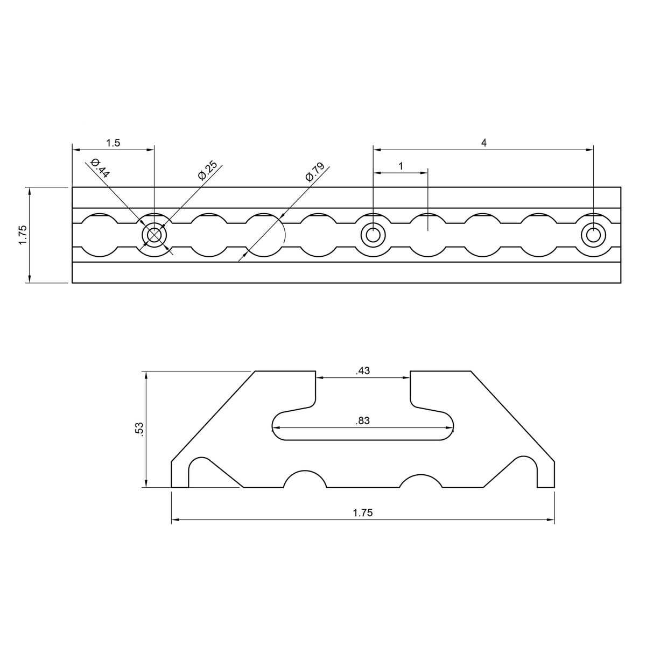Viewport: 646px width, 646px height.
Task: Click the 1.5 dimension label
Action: point(113,143)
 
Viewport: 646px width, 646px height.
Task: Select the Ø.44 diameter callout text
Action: point(101,168)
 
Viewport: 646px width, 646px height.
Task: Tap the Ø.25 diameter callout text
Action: point(207,170)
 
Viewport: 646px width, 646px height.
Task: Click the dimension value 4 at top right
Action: point(483,143)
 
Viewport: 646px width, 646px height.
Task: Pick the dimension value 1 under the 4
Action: point(401,166)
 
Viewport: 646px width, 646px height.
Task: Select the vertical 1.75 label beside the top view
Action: point(23,235)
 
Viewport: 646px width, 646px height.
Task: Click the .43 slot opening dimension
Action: point(363,371)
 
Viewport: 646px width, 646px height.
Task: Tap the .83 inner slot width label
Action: point(363,421)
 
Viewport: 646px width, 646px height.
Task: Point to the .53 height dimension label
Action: point(139,429)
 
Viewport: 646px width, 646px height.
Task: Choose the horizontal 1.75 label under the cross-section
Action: point(363,513)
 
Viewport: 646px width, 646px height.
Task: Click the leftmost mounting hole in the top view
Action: point(155,235)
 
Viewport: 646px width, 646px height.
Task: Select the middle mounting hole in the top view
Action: point(373,235)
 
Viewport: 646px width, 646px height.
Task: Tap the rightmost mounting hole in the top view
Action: point(593,235)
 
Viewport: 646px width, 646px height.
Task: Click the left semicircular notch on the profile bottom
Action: point(305,481)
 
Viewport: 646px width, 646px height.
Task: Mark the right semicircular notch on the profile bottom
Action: point(420,481)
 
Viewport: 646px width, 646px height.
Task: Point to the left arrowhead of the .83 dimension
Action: point(276,429)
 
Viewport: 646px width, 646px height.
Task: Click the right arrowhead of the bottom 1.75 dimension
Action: point(551,520)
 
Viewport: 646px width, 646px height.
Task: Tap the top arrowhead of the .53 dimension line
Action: point(146,375)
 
